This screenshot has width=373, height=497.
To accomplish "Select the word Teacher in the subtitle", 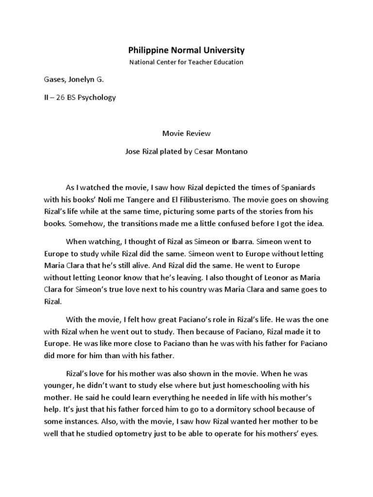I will tap(202, 62).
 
